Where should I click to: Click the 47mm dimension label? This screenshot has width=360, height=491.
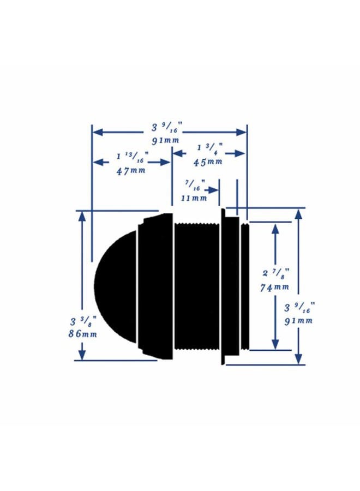pyautogui.click(x=131, y=171)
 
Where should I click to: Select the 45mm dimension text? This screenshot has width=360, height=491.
pyautogui.click(x=208, y=162)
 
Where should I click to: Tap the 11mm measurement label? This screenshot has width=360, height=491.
pyautogui.click(x=194, y=198)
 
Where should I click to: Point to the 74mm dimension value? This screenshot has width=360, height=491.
pyautogui.click(x=274, y=287)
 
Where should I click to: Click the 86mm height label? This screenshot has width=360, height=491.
pyautogui.click(x=83, y=334)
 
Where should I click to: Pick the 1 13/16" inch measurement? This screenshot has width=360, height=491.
pyautogui.click(x=133, y=157)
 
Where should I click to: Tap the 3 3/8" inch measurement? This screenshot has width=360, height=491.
pyautogui.click(x=83, y=320)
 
